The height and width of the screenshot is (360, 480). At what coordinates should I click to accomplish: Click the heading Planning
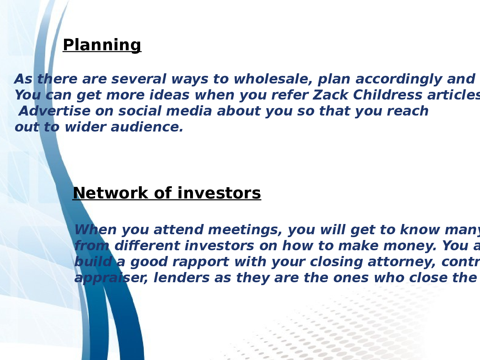tap(102, 45)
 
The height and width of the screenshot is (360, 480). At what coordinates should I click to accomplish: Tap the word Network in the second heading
tap(110, 193)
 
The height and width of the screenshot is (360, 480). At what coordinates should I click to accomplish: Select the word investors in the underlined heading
tap(219, 193)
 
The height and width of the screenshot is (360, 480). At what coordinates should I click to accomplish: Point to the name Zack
tap(331, 95)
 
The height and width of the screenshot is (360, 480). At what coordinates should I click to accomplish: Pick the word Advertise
tap(54, 111)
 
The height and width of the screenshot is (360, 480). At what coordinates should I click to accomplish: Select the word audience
tap(147, 127)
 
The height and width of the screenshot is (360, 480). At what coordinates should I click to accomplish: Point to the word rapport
tap(201, 262)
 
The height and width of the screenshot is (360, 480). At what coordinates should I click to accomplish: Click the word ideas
tap(169, 95)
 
